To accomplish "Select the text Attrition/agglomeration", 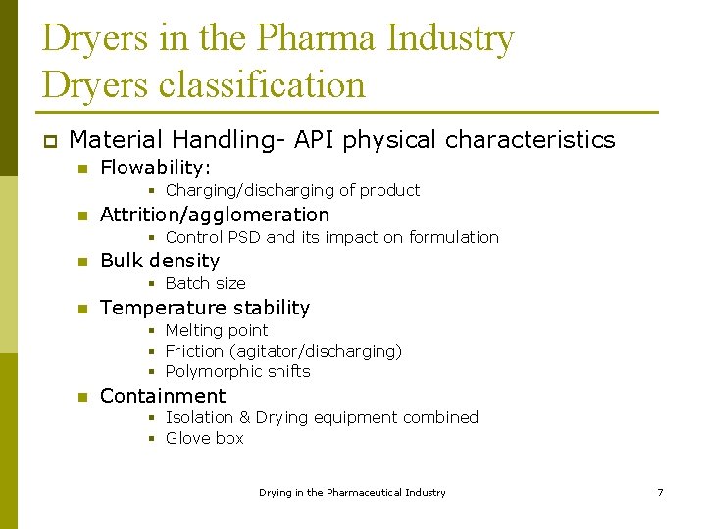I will (x=215, y=215).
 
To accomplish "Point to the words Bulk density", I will (x=160, y=261).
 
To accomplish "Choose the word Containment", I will (x=163, y=396).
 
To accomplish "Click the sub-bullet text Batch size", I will (x=205, y=283).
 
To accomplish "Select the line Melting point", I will (x=216, y=330).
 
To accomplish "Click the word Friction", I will (x=195, y=351).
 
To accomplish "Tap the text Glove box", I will (x=204, y=438).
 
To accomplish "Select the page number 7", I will (x=660, y=492).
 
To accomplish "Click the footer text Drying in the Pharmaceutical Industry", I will (x=352, y=492).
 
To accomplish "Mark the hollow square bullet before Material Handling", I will (x=49, y=141).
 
